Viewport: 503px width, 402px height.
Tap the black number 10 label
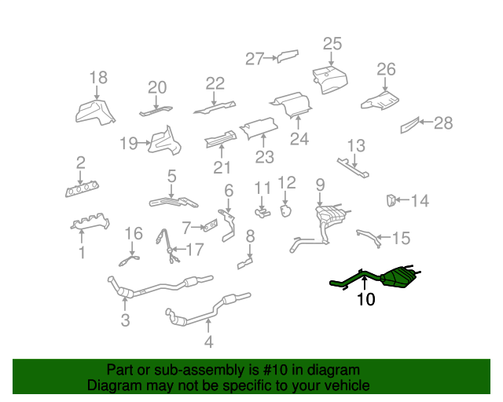click(x=365, y=299)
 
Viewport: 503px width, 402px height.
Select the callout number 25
click(x=332, y=44)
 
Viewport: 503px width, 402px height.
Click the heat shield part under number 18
click(x=95, y=113)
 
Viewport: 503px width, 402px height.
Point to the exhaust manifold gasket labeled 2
click(x=82, y=189)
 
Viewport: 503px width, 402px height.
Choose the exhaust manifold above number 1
click(x=90, y=221)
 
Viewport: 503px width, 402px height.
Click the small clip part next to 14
click(x=391, y=200)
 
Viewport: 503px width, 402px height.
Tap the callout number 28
click(x=443, y=123)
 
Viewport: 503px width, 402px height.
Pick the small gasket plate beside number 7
click(x=210, y=225)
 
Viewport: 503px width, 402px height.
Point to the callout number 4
click(x=208, y=342)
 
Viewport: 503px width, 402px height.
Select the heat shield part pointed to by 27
click(x=288, y=56)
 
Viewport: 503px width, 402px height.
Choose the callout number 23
click(x=265, y=157)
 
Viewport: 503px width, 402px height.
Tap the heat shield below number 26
click(x=380, y=101)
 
